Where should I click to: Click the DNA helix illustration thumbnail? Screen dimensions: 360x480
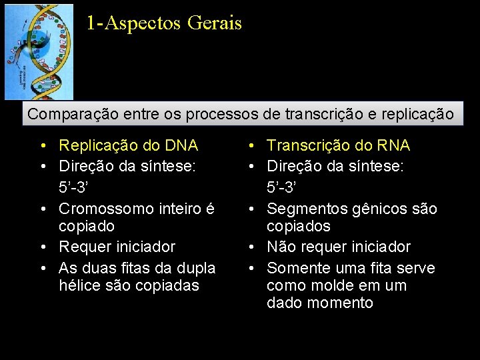(39, 52)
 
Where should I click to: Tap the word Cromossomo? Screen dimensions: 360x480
(105, 209)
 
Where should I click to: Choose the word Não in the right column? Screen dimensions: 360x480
(281, 247)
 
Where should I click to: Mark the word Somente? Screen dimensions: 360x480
(295, 268)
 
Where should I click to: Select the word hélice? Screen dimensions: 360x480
(78, 285)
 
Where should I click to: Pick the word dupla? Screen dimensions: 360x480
(198, 268)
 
